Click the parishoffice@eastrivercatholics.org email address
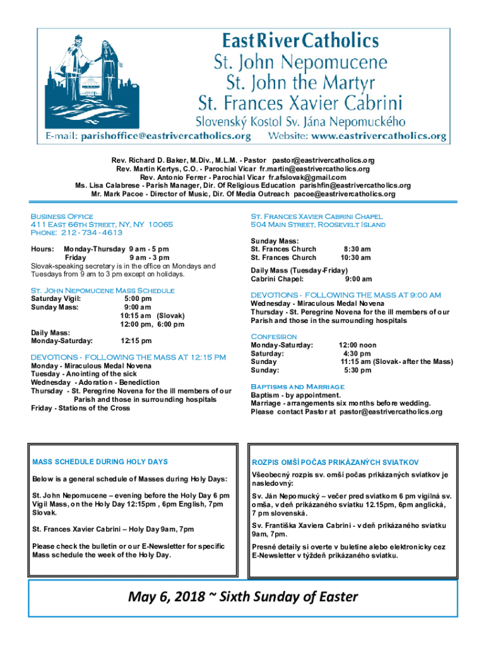pyautogui.click(x=165, y=136)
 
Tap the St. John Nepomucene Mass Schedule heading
pyautogui.click(x=102, y=290)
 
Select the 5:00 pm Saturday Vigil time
pyautogui.click(x=138, y=298)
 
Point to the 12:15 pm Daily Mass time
pyautogui.click(x=136, y=341)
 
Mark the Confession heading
pyautogui.click(x=273, y=336)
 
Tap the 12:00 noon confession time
pyautogui.click(x=357, y=345)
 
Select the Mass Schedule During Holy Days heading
pyautogui.click(x=100, y=462)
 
